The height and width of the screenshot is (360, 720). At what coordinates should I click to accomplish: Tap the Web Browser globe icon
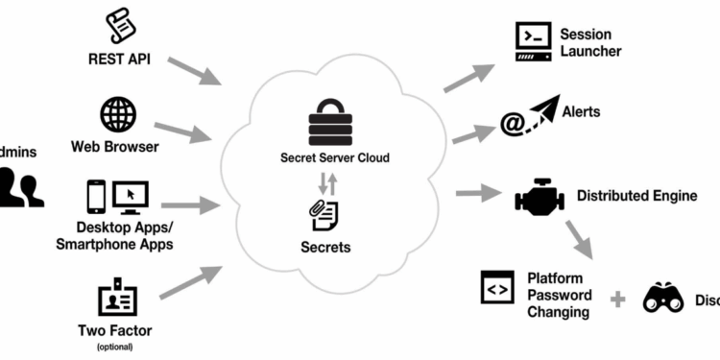pyautogui.click(x=117, y=115)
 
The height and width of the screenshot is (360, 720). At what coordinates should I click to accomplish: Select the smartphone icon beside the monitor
pyautogui.click(x=95, y=197)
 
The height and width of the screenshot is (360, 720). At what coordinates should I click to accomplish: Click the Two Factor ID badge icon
pyautogui.click(x=114, y=298)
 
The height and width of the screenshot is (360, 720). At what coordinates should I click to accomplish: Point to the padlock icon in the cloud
pyautogui.click(x=330, y=123)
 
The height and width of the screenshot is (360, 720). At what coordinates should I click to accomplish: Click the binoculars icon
pyautogui.click(x=662, y=298)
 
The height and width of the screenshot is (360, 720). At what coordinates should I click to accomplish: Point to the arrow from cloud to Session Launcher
pyautogui.click(x=469, y=77)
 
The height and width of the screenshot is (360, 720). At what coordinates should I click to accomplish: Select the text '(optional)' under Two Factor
pyautogui.click(x=115, y=347)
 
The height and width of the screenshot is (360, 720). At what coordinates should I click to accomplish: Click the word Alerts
pyautogui.click(x=582, y=112)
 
